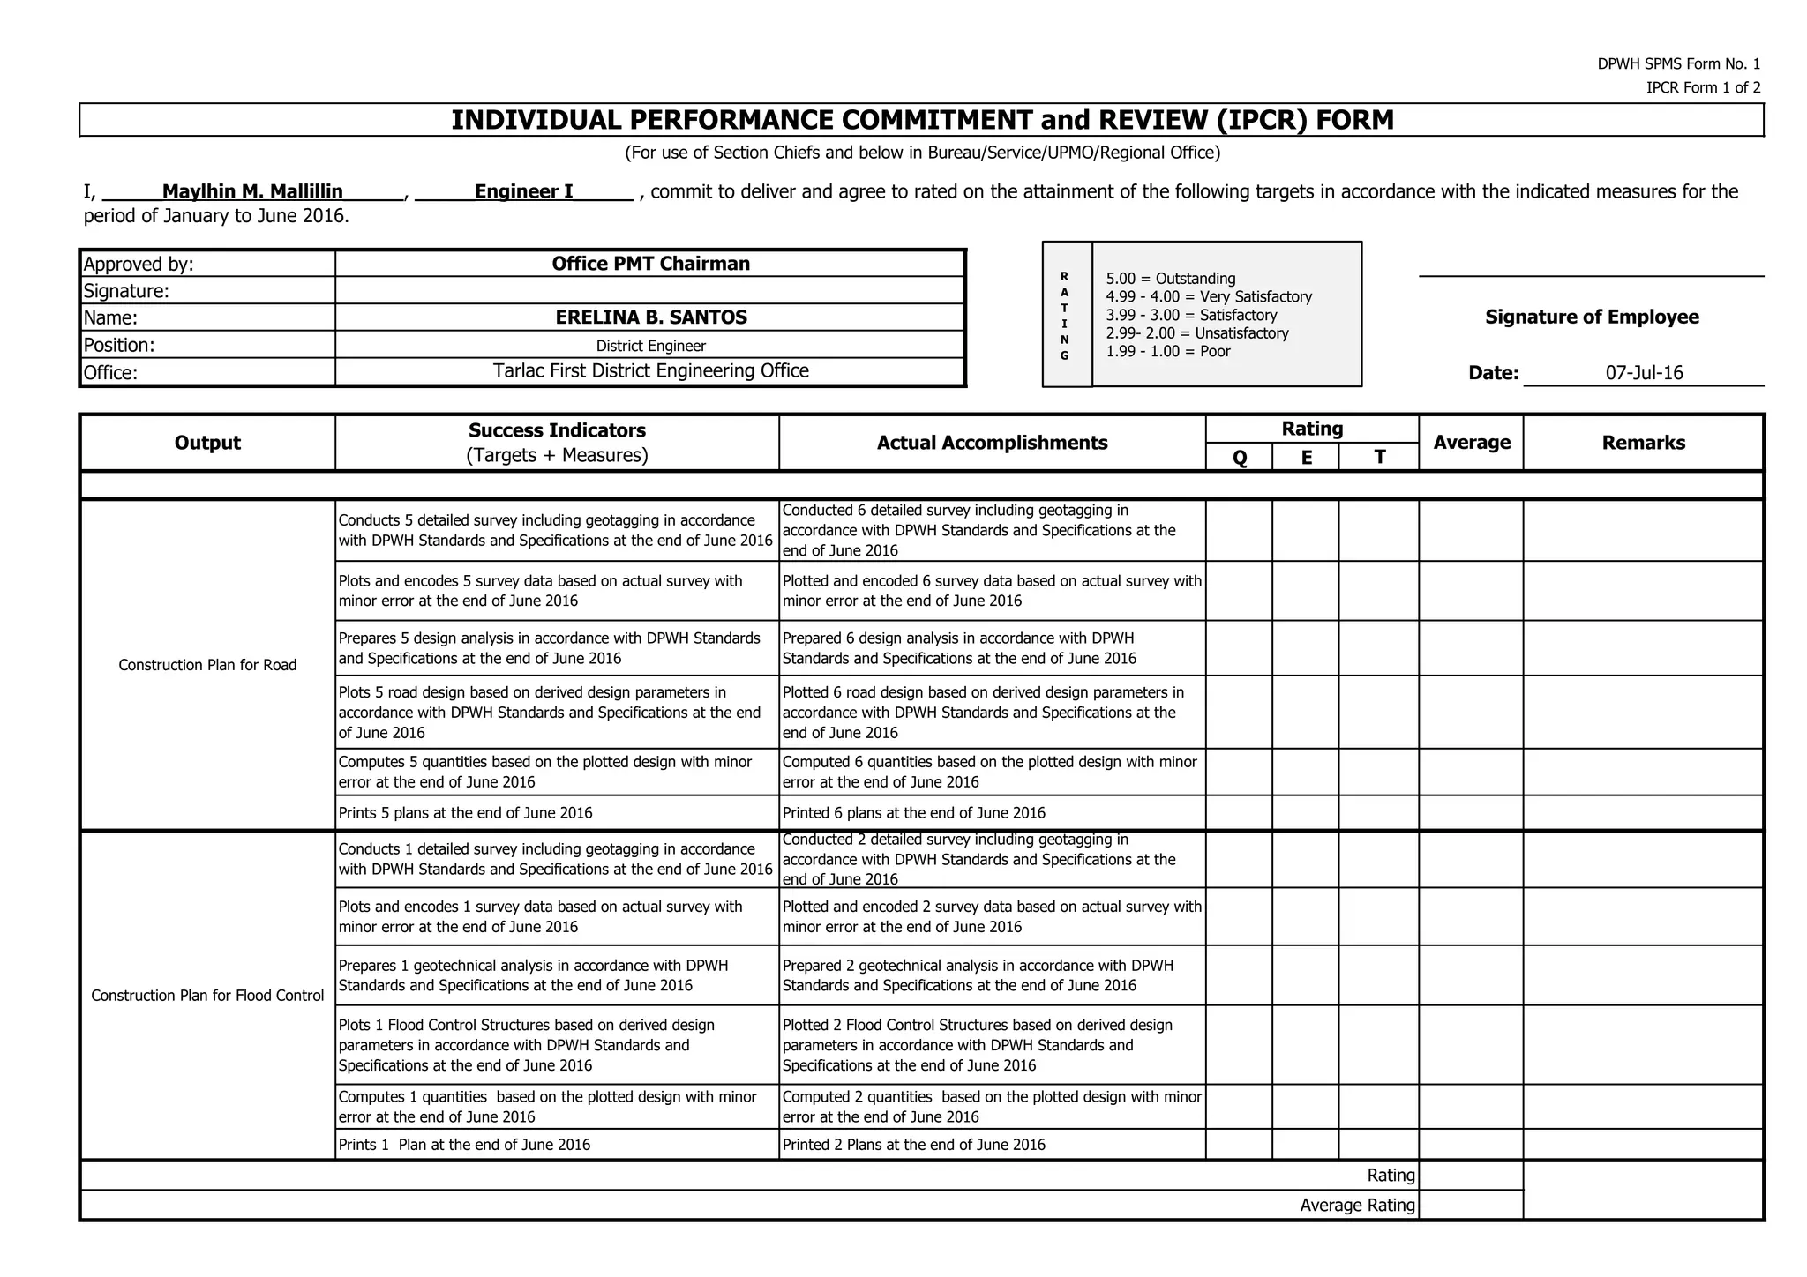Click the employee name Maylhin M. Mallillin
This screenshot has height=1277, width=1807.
pos(252,191)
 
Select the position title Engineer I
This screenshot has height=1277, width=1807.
pos(523,191)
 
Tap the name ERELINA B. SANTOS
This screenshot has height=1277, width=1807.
pos(650,317)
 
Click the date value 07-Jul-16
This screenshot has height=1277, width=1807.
pos(1644,373)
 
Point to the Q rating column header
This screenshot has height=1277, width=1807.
pos(1239,457)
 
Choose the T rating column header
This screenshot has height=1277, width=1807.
pos(1379,457)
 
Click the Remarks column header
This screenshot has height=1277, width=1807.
pos(1643,443)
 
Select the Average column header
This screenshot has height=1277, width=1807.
pos(1471,443)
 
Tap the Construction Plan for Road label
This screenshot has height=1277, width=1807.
pos(207,665)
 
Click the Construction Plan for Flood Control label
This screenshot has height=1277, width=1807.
pos(207,996)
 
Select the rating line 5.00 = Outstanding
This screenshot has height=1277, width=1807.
pos(1170,279)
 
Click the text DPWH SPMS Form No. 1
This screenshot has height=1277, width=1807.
pos(1678,64)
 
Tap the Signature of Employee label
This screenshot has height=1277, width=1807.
pos(1592,317)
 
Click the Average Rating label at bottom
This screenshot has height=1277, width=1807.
pos(1357,1206)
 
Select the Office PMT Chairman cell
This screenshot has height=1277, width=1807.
pos(650,264)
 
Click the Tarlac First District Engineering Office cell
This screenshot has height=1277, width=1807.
pos(650,371)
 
